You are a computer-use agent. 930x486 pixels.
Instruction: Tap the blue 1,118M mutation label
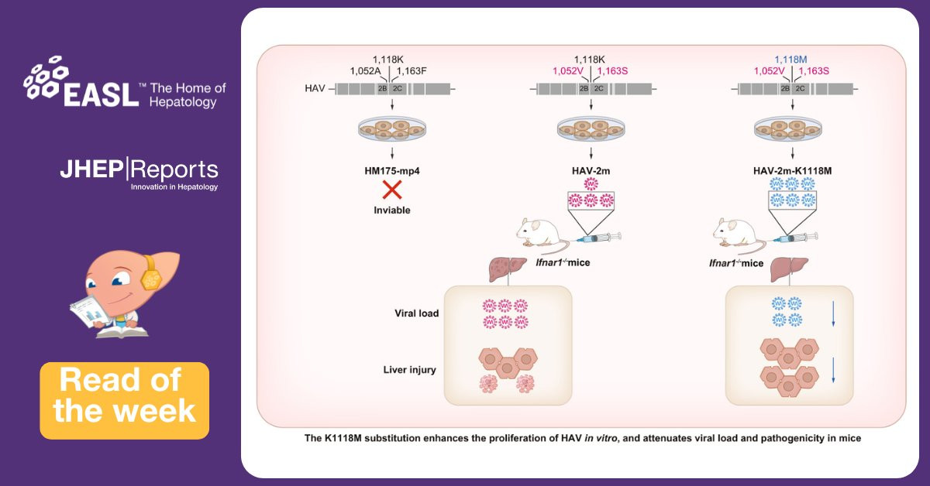pyautogui.click(x=791, y=59)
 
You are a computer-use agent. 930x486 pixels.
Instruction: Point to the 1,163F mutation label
pyautogui.click(x=411, y=71)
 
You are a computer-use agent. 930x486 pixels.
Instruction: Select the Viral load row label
pyautogui.click(x=415, y=313)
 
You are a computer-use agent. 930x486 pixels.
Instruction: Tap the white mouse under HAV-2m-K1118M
pyautogui.click(x=741, y=233)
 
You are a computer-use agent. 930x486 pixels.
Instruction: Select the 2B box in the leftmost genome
pyautogui.click(x=382, y=88)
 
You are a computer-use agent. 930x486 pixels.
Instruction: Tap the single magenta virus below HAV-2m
pyautogui.click(x=592, y=184)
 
